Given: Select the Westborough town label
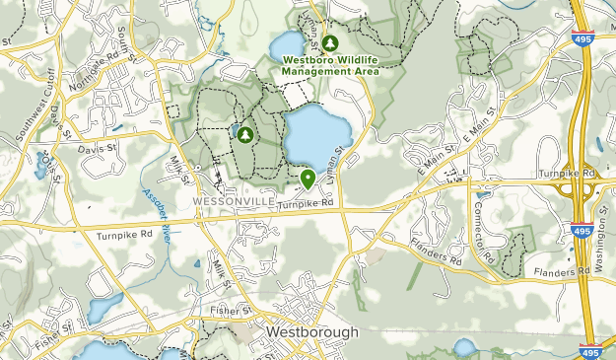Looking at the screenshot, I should [311, 333].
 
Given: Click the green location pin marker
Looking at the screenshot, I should [308, 179].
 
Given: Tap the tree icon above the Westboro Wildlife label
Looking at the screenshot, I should [330, 42].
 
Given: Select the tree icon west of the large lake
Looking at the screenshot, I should [242, 133].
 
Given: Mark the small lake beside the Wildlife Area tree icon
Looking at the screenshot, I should [286, 43].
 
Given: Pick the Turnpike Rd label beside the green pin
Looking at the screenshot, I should [306, 203].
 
